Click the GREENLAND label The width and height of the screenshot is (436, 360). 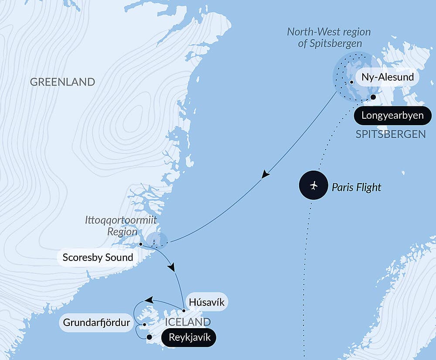point(62,82)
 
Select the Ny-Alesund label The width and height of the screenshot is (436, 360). point(388,79)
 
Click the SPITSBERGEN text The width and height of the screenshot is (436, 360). point(390,134)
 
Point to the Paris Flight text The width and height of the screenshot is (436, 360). point(356,187)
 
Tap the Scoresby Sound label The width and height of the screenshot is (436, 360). point(98,257)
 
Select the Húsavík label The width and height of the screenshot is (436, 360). point(207,302)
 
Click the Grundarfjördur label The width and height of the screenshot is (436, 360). point(96,323)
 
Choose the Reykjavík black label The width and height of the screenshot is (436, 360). point(189,338)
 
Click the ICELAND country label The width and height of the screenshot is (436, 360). point(188,322)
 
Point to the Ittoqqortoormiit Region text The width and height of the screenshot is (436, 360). point(120,226)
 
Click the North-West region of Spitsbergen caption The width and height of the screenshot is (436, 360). point(329,37)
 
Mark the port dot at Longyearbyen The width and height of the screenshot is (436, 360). point(373,97)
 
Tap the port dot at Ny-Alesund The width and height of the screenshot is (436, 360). point(351,82)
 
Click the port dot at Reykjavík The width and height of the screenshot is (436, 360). point(149,337)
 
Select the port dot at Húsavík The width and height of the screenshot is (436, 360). point(184,311)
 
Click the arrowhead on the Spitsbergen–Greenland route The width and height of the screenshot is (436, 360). point(265,175)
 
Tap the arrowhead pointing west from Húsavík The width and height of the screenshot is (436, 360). point(149,300)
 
